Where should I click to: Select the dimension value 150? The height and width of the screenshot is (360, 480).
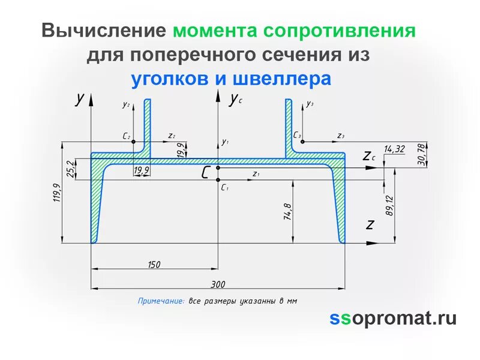point(154,265)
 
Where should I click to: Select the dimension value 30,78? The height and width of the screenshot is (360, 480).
point(421,154)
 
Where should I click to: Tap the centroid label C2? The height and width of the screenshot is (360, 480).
point(127,137)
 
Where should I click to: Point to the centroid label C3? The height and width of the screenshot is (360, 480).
point(298,136)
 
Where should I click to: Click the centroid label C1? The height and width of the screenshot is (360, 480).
point(225,188)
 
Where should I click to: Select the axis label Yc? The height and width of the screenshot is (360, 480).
point(235,100)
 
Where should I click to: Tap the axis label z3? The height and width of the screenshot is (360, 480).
point(341,136)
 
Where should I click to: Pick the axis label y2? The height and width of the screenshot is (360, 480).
point(126,104)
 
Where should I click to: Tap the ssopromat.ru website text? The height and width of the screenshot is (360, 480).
point(393,318)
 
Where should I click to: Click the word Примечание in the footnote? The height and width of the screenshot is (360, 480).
point(161,301)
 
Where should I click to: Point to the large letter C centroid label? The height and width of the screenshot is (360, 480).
point(206,173)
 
